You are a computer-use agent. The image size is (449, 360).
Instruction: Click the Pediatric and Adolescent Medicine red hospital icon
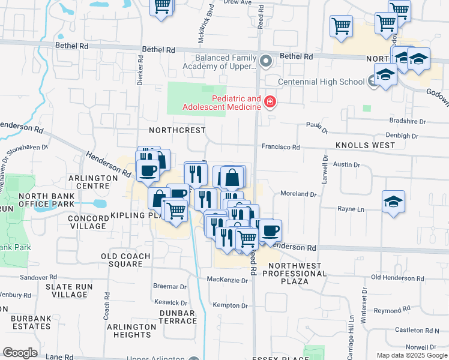pos(270,103)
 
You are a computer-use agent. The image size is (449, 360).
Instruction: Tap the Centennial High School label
pos(321,82)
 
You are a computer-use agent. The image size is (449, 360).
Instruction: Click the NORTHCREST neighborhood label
pos(180,130)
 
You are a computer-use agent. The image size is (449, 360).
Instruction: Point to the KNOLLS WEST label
pos(365,145)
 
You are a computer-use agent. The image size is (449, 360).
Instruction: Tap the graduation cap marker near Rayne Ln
pos(393,202)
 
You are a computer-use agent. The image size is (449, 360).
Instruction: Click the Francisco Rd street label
pos(280,147)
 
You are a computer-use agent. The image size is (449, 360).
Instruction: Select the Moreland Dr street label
pos(298,194)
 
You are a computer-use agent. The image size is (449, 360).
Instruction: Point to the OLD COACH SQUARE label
pos(121,260)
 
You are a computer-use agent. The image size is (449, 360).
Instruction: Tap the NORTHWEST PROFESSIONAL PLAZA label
pos(297,274)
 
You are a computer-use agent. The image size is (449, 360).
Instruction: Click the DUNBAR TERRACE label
pos(178,317)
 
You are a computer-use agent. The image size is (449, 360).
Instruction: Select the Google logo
pos(20,353)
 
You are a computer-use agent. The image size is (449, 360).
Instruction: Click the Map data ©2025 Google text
pos(411,355)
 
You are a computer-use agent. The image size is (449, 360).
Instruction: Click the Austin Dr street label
pos(346,164)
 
